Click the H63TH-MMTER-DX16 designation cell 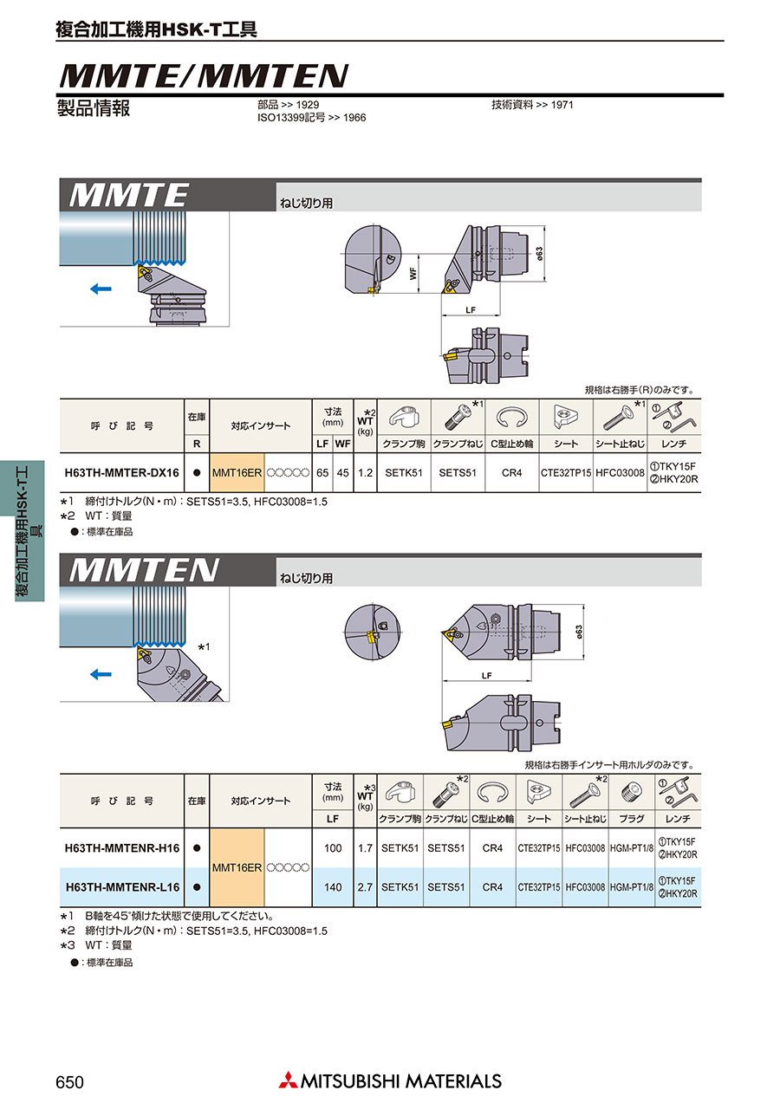tap(121, 473)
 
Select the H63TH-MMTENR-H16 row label tap(122, 848)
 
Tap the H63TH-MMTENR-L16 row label tap(122, 887)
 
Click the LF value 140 tap(333, 887)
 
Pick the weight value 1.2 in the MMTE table tap(366, 473)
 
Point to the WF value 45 tap(342, 473)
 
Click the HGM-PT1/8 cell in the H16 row tap(632, 848)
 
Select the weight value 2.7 tap(366, 887)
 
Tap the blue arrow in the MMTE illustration tap(101, 289)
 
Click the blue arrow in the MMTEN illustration tap(101, 674)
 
